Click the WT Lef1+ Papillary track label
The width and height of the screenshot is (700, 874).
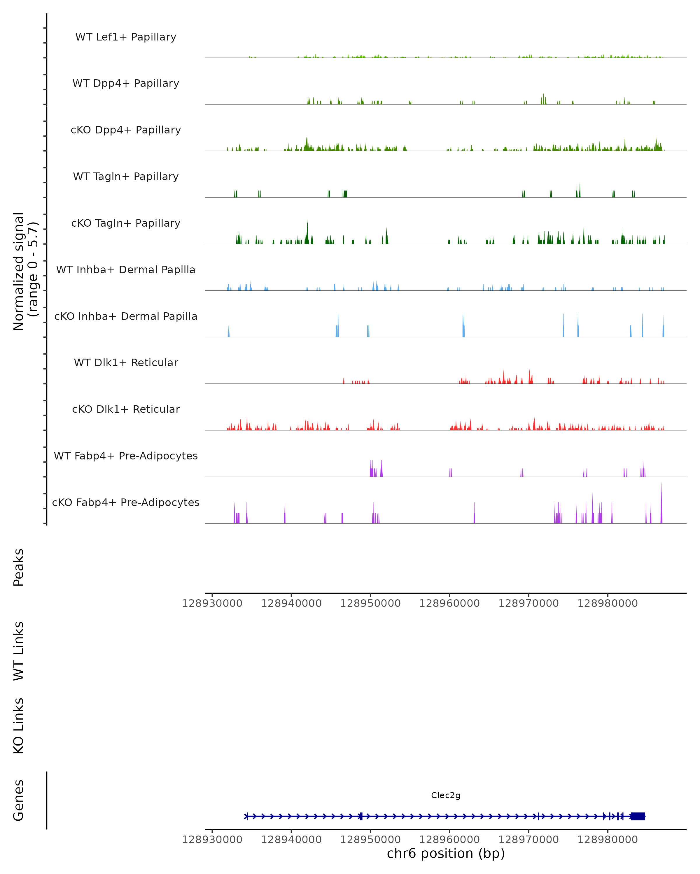126,37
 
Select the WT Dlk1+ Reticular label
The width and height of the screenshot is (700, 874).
126,362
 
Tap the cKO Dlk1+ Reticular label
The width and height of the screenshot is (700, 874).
126,409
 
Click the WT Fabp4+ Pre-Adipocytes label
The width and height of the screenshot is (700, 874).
126,456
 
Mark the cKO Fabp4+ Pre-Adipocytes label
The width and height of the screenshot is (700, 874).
126,502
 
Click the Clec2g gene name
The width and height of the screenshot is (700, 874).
446,795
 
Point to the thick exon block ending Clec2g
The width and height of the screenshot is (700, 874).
638,816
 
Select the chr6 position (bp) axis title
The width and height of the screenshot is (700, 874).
446,854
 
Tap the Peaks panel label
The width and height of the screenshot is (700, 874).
19,568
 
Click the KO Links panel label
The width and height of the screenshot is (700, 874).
19,726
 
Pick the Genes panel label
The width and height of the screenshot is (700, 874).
19,800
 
